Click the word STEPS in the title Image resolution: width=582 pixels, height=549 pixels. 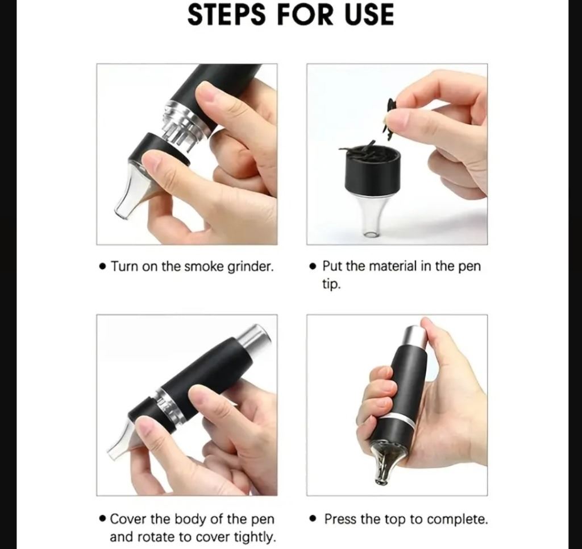pyautogui.click(x=226, y=15)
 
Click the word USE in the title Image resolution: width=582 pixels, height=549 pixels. pyautogui.click(x=369, y=15)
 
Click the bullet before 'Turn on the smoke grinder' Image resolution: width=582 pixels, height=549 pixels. pyautogui.click(x=103, y=267)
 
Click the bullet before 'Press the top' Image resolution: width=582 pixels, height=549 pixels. pyautogui.click(x=314, y=519)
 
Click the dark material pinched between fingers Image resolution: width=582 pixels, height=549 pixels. pyautogui.click(x=388, y=119)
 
